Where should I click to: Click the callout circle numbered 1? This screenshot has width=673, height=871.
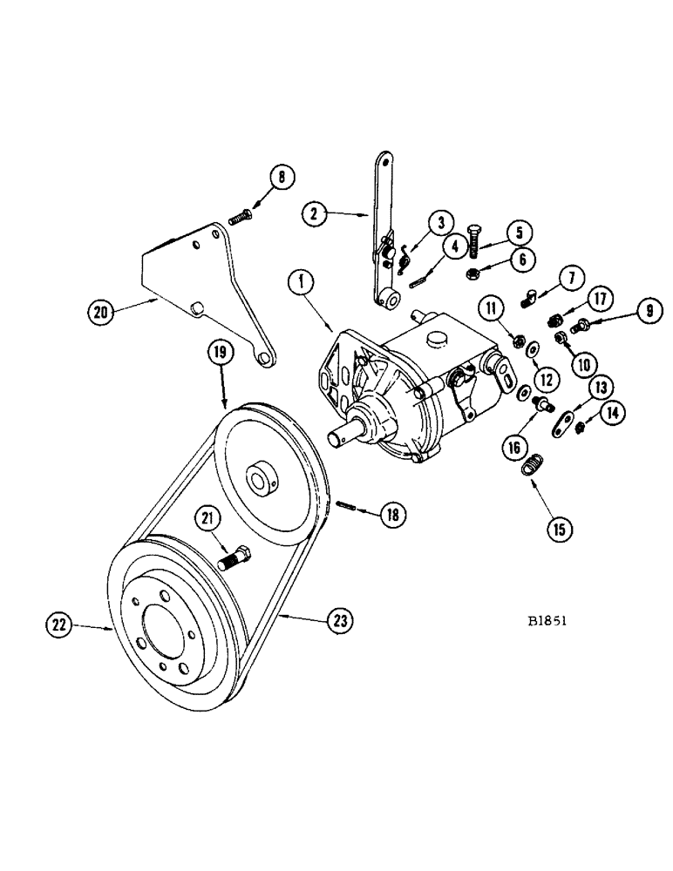click(x=300, y=283)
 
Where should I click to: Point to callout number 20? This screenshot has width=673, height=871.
click(x=99, y=311)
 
